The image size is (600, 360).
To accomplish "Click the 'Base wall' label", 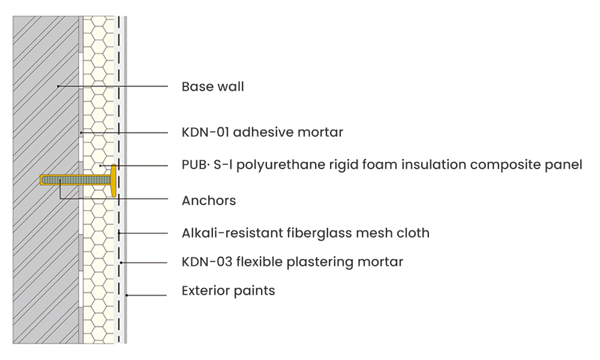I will point(212,87).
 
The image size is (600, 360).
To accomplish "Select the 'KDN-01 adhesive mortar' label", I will point(262,132).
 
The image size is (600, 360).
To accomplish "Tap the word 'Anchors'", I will point(209,201).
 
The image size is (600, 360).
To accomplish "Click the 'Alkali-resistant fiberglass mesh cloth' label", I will point(305,233).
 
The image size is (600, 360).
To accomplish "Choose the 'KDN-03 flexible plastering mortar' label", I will point(292,262).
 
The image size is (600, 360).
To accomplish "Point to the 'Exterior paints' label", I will point(228,291).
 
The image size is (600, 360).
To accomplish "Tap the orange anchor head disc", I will point(113,179).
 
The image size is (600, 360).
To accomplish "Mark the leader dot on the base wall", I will point(58,87).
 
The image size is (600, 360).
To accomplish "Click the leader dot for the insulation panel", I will point(101,164).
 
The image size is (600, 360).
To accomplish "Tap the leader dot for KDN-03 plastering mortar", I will point(122,262).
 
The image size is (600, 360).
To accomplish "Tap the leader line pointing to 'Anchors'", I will point(120,197).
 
